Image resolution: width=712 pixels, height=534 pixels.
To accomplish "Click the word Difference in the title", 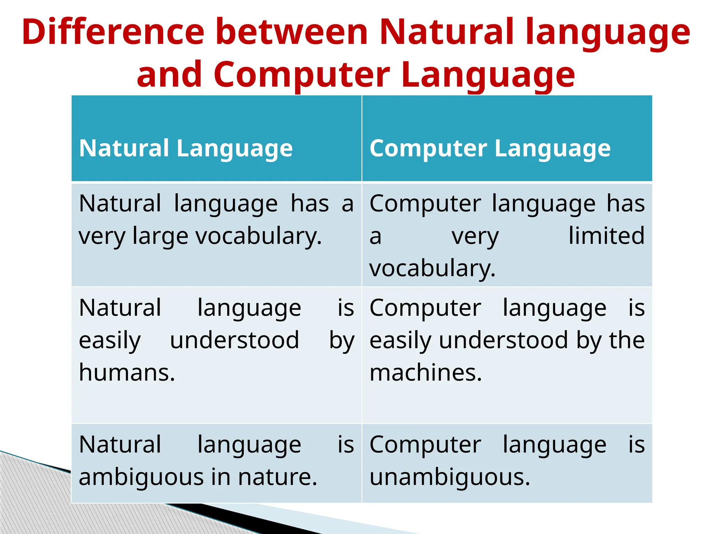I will pos(113,32).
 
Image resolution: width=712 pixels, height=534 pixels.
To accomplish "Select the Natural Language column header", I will pos(186,148).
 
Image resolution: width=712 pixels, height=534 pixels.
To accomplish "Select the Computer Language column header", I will pos(490,148).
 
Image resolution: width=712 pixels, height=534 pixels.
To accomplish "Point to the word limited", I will pos(606,236).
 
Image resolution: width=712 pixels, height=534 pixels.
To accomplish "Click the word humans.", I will pos(127,373).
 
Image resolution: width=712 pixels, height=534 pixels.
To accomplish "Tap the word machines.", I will pos(426,373).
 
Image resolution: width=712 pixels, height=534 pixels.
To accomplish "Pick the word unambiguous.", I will pos(450,477).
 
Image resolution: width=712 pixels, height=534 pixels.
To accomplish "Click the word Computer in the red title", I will pos(301,74).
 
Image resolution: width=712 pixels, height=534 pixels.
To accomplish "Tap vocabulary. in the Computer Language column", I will pos(432,268).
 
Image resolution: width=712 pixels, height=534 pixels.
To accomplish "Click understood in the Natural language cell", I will pos(234,340).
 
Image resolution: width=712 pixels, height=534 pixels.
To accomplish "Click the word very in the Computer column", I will pos(475,236).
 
